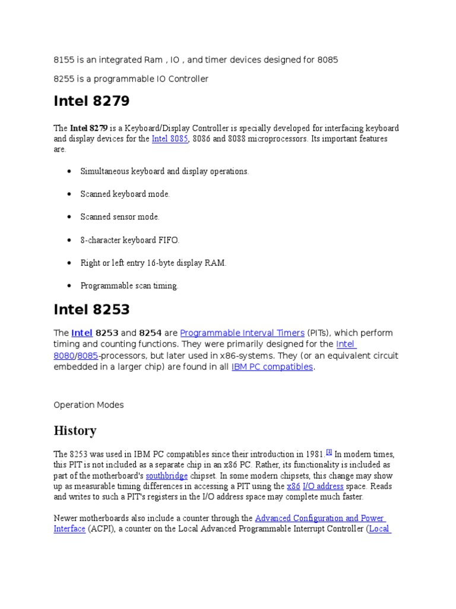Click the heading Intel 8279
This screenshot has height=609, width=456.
pyautogui.click(x=91, y=102)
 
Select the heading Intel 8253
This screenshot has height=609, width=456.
pyautogui.click(x=91, y=309)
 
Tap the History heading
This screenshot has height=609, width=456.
pyautogui.click(x=75, y=431)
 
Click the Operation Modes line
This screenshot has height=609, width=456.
pyautogui.click(x=88, y=405)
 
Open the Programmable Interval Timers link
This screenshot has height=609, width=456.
pyautogui.click(x=242, y=333)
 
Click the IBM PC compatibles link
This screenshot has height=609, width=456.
pyautogui.click(x=272, y=367)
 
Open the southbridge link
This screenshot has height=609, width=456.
pyautogui.click(x=167, y=476)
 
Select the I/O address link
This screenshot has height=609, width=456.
pyautogui.click(x=323, y=486)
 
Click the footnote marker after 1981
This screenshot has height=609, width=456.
pyautogui.click(x=328, y=452)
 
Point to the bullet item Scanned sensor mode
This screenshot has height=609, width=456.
pyautogui.click(x=120, y=217)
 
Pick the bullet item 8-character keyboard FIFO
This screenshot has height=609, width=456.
pyautogui.click(x=129, y=240)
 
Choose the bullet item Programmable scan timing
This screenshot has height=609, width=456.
pyautogui.click(x=129, y=286)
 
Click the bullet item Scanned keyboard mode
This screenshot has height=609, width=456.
pyautogui.click(x=125, y=194)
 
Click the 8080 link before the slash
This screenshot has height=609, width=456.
pyautogui.click(x=64, y=356)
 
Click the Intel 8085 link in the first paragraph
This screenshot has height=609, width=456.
pyautogui.click(x=170, y=139)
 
